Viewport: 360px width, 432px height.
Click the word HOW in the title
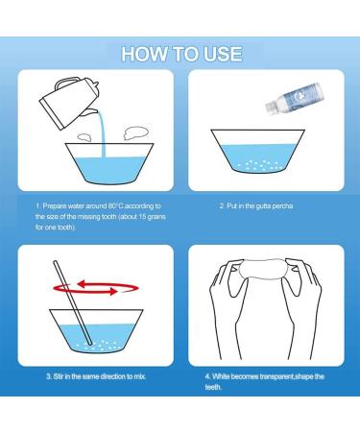(x=145, y=54)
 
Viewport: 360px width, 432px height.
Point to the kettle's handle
(x=66, y=83)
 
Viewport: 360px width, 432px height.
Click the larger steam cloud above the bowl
(x=135, y=132)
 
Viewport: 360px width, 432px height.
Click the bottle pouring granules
(x=293, y=98)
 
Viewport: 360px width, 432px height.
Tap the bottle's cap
(x=271, y=108)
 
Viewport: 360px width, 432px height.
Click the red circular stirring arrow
(x=96, y=287)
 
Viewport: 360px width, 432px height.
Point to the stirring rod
(x=73, y=303)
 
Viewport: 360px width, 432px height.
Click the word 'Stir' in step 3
(x=59, y=376)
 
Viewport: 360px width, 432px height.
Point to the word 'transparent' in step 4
(x=276, y=376)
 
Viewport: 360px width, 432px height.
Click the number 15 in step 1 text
(x=139, y=217)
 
